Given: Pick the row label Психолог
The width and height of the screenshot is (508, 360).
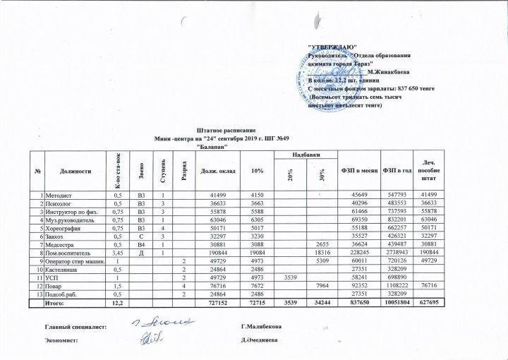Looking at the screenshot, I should click(60, 202).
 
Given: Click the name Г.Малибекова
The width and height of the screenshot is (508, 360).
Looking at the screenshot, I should click(264, 326).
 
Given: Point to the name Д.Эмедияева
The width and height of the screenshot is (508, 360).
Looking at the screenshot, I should click(263, 340).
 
